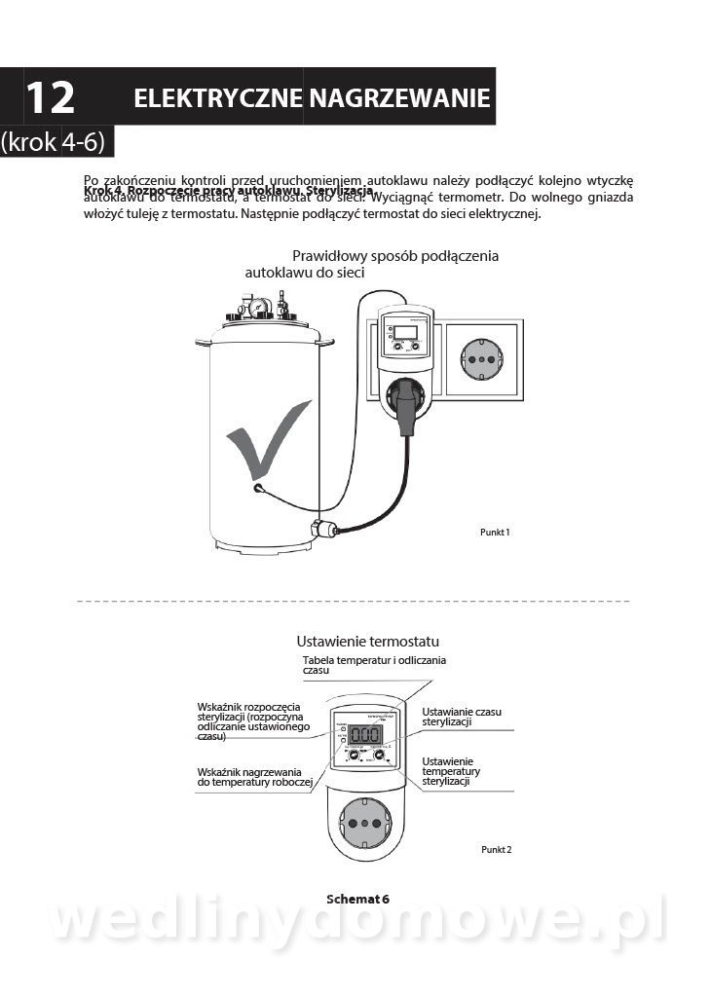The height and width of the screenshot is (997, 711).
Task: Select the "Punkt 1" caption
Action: [x=496, y=533]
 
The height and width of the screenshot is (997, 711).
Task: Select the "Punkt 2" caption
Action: [x=496, y=849]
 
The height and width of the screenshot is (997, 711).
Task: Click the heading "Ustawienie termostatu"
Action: [x=367, y=642]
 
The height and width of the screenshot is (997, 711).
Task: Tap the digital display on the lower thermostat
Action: [x=368, y=736]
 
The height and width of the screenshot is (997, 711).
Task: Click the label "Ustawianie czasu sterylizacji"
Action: [x=461, y=718]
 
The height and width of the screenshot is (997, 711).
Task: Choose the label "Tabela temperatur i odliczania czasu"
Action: [x=374, y=665]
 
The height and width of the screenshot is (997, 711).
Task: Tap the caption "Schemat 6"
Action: [x=356, y=899]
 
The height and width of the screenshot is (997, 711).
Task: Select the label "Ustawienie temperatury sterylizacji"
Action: [x=451, y=771]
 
